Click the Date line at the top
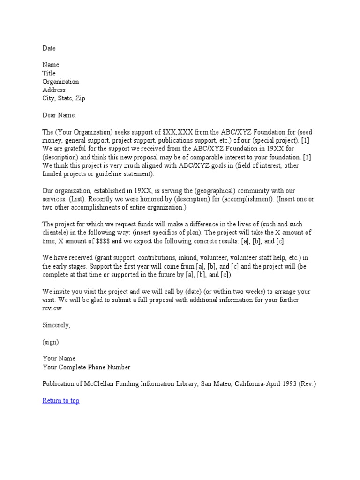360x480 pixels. [x=49, y=48]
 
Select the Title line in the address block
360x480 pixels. [x=49, y=73]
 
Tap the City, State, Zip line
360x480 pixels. [x=64, y=98]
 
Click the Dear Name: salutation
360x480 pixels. [x=59, y=115]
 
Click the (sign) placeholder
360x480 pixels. [x=51, y=342]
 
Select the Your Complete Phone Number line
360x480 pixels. [x=86, y=367]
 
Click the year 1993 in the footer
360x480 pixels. [x=287, y=384]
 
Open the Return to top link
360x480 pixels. [x=61, y=401]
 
